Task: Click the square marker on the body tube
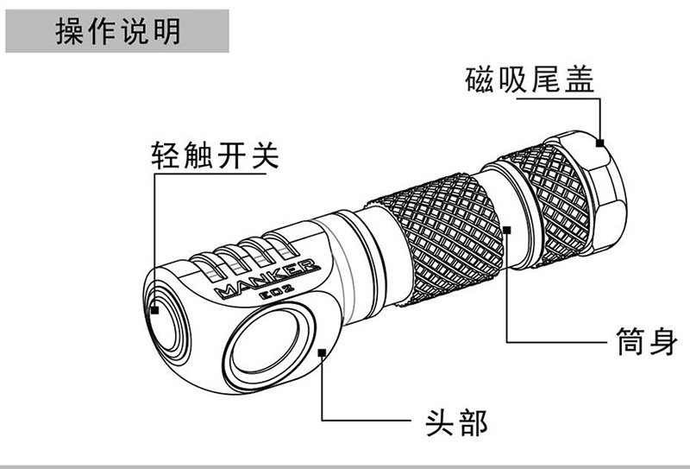click(x=508, y=230)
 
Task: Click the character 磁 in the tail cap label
click(x=474, y=83)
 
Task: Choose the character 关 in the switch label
click(x=268, y=155)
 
